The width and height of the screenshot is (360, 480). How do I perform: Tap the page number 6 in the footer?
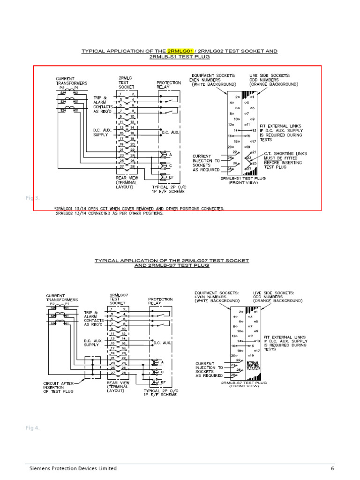coord(332,468)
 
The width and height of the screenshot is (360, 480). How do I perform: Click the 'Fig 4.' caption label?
coord(32,428)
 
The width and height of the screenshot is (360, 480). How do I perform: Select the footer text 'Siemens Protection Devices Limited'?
coord(73,468)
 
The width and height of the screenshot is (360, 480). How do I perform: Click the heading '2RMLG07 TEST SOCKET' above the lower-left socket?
coord(119,299)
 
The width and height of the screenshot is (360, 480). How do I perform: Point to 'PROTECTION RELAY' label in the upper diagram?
coord(168,85)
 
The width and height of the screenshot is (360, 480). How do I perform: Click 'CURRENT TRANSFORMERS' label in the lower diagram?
coord(62,297)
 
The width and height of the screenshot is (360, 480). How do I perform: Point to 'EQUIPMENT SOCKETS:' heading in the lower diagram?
coord(217,293)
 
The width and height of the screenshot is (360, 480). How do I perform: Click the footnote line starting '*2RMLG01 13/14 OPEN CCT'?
coord(140,208)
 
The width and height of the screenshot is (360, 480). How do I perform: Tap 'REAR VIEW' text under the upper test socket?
coord(126,178)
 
